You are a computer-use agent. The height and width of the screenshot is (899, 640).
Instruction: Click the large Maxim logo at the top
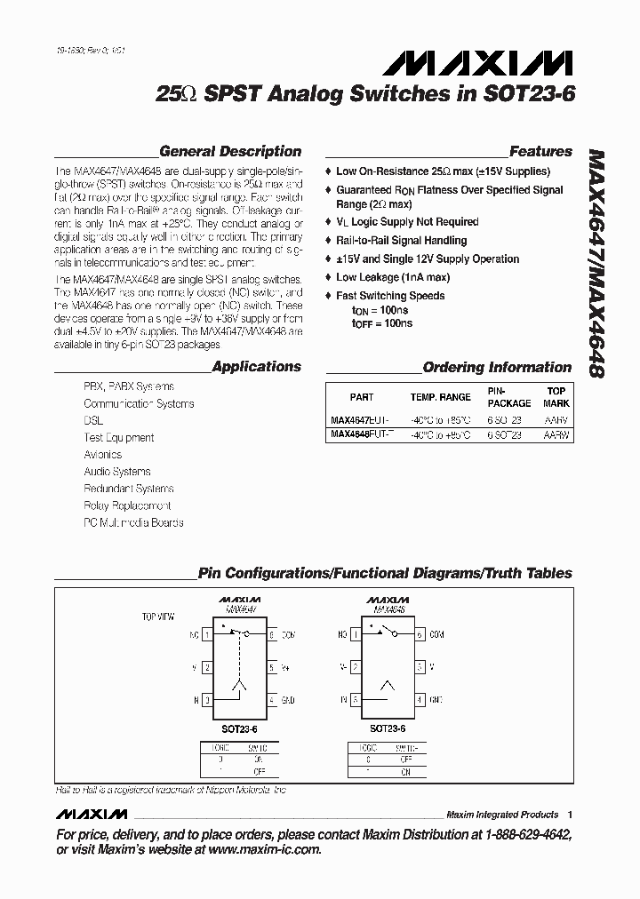click(x=478, y=65)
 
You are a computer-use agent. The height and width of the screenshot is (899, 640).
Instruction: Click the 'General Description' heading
click(x=229, y=152)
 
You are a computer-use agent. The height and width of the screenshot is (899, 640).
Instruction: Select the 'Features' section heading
click(x=540, y=152)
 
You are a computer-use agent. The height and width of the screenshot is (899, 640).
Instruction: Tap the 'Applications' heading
click(x=256, y=367)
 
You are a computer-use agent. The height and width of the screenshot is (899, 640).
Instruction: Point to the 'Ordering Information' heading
click(x=497, y=367)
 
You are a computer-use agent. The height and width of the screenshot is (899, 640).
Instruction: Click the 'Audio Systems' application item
click(x=116, y=472)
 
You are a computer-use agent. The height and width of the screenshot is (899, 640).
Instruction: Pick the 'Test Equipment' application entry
click(x=118, y=438)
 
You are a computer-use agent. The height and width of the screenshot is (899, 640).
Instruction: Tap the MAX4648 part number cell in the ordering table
click(x=359, y=435)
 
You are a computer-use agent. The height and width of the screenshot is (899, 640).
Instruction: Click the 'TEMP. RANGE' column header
click(x=440, y=397)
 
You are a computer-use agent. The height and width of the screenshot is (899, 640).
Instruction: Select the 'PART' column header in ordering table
click(x=362, y=397)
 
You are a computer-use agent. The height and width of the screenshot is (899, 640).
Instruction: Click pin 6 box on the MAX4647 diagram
click(x=271, y=634)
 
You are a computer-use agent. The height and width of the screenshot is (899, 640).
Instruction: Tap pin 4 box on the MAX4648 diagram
click(x=418, y=700)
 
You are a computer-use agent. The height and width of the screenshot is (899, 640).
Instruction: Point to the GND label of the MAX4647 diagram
click(x=288, y=700)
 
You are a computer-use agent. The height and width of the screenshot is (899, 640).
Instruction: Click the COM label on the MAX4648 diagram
click(x=436, y=635)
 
